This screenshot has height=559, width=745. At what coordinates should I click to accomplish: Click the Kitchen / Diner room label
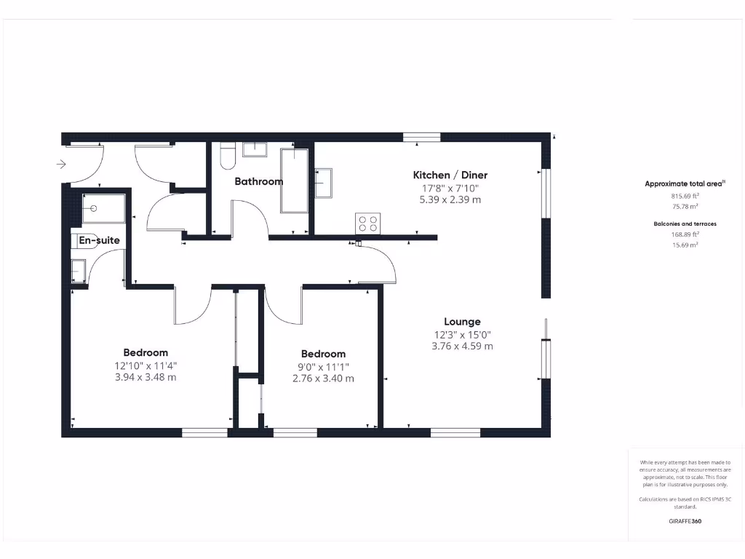tap(450, 175)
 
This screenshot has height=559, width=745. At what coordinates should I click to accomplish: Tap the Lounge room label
tap(462, 322)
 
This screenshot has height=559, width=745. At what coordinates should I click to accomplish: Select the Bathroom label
tap(258, 181)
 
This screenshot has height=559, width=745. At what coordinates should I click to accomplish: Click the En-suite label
tap(99, 240)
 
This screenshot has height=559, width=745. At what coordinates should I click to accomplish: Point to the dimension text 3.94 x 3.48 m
tap(145, 378)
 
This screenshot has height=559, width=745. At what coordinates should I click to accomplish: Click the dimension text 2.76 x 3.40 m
tap(323, 378)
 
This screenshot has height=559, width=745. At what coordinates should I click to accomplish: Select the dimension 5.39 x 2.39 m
tap(450, 199)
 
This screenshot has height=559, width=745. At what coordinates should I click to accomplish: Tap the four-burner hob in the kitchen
tap(367, 223)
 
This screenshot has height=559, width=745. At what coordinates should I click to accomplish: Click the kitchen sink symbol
tap(324, 183)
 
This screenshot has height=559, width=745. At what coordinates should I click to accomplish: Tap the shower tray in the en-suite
tap(104, 208)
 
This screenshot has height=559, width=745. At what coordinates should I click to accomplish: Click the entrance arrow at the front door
tap(61, 164)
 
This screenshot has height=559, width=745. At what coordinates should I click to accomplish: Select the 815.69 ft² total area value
tap(685, 196)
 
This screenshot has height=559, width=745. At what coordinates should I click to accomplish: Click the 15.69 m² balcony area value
tap(685, 245)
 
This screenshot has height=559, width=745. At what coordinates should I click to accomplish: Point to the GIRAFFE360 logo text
tap(685, 521)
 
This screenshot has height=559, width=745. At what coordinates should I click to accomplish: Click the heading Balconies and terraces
tap(685, 223)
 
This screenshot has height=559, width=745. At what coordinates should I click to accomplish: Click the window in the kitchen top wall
tap(422, 136)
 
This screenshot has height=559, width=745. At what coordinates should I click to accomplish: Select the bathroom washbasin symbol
tap(255, 149)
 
